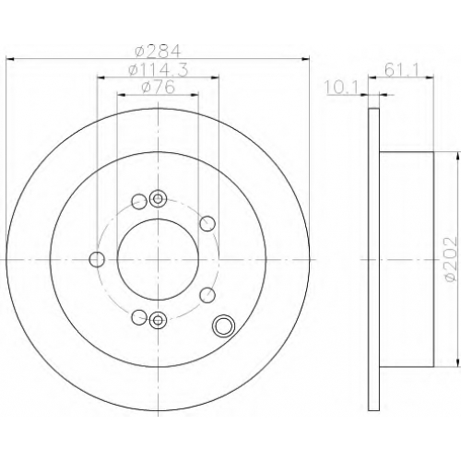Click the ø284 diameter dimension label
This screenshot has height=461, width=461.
(158, 51)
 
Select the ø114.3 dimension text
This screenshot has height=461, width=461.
(158, 70)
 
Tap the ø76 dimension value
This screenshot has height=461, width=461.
(158, 87)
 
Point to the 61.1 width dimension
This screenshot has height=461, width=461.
(401, 70)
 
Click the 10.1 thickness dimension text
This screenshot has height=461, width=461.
(342, 89)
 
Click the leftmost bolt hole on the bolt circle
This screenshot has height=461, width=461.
(97, 259)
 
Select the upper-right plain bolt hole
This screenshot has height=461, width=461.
(207, 223)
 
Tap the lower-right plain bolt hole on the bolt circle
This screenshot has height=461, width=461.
(207, 295)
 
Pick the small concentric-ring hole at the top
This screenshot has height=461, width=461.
(158, 199)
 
